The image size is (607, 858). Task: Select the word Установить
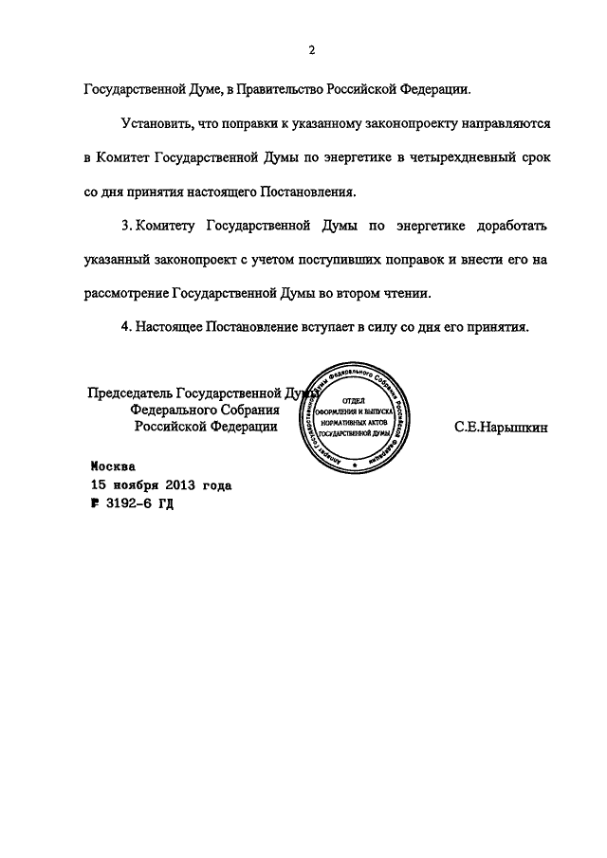[x=159, y=124]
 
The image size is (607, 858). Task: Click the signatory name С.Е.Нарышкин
[x=502, y=427]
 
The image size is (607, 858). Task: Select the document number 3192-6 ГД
[x=137, y=503]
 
